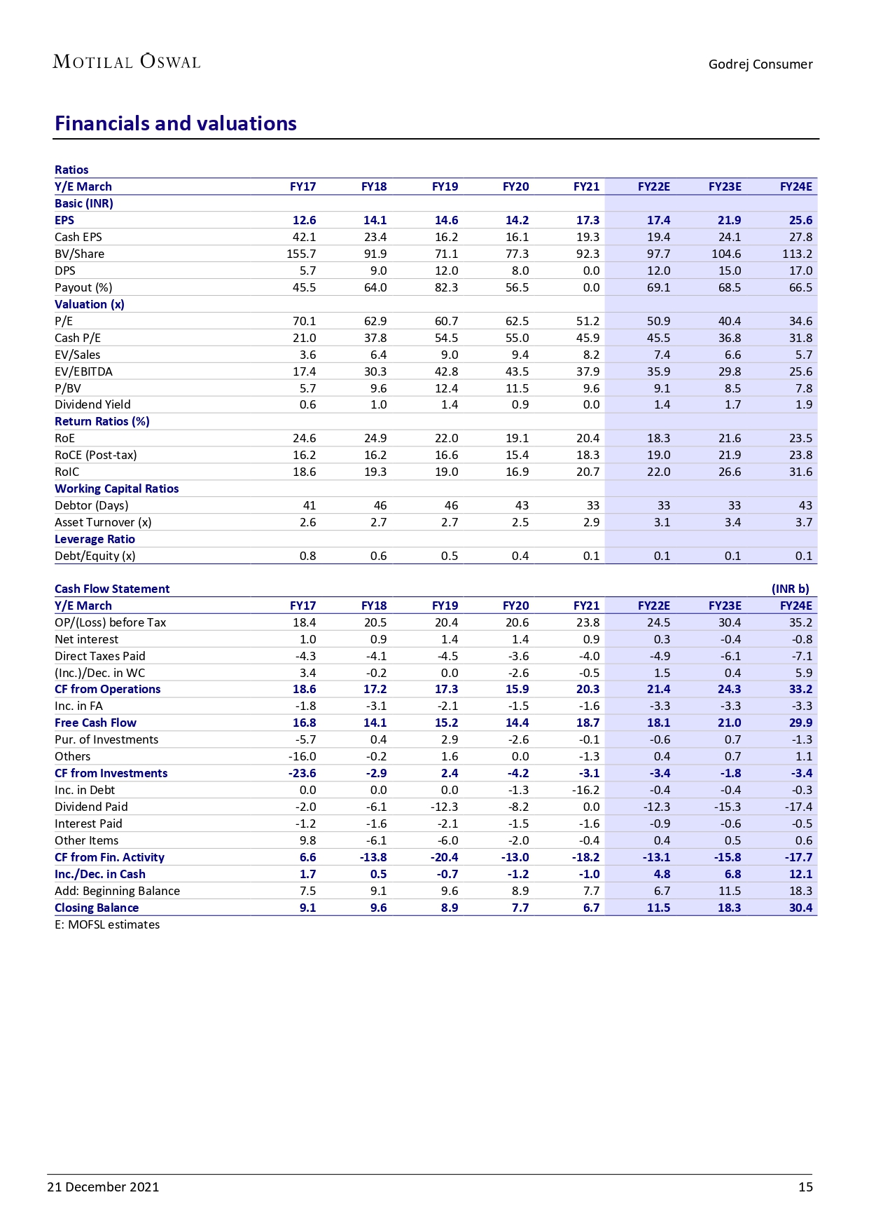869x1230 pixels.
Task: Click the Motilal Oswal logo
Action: coord(127,62)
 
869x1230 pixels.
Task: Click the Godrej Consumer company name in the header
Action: coord(760,64)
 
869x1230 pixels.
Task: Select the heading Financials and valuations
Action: coord(176,123)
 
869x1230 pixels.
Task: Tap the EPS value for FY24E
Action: coord(800,220)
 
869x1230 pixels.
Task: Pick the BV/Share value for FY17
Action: coord(301,254)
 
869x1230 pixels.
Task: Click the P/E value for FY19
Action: coord(446,321)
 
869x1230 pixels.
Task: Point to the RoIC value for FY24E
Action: coord(800,472)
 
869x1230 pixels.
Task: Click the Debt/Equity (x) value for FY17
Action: coord(307,556)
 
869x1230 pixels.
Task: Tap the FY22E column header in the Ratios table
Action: coord(653,186)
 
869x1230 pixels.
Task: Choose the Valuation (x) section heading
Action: coord(90,304)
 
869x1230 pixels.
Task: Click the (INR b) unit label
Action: coord(790,589)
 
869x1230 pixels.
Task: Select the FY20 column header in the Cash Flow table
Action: coord(515,606)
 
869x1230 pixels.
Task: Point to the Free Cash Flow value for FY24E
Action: coord(800,723)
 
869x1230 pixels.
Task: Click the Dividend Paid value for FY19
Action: coord(444,807)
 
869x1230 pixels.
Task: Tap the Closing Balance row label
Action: coord(97,908)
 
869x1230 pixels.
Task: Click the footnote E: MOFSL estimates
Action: coord(107,924)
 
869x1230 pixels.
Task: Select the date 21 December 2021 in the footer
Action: coord(103,1187)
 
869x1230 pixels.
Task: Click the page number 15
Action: coord(805,1187)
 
